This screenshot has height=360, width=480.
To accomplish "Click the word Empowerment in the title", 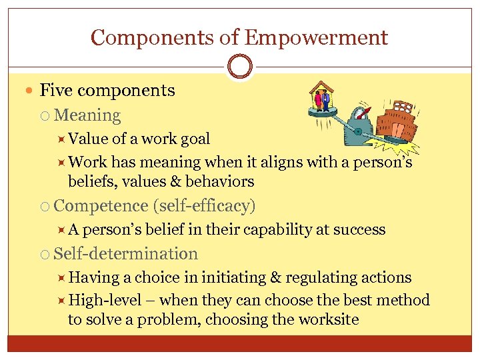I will [316, 37].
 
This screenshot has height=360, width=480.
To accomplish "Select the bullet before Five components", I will [31, 91].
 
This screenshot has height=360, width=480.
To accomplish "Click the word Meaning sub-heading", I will [87, 115].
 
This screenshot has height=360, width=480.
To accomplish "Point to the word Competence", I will [101, 206].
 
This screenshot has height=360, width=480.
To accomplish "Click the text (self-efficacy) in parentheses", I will [204, 206].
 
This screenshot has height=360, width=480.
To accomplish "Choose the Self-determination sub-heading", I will [125, 254].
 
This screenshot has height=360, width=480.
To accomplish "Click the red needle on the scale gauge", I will [362, 119].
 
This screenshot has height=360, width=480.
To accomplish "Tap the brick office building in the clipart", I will [397, 127].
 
